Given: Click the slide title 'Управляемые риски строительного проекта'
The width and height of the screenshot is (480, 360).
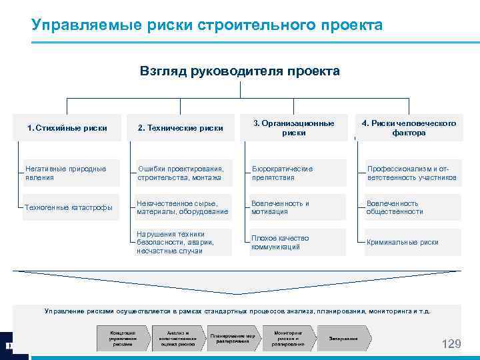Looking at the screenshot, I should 207,25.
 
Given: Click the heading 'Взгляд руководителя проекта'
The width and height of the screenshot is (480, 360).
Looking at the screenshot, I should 239,71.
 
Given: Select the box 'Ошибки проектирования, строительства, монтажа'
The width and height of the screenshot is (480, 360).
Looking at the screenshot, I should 183,173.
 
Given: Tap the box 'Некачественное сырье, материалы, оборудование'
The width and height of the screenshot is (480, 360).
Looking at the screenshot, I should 183,207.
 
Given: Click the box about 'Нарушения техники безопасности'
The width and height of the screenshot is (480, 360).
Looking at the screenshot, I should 183,243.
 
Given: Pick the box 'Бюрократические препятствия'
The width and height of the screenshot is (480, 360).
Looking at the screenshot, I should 297,173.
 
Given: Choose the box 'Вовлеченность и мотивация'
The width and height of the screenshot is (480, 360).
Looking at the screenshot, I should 297,207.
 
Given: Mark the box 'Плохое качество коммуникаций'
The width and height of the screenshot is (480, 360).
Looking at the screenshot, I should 297,243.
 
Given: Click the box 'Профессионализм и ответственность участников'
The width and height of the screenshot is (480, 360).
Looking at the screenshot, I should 411,173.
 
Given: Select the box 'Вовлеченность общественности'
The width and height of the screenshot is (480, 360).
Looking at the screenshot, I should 411,207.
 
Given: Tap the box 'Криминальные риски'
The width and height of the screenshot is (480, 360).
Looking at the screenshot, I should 411,243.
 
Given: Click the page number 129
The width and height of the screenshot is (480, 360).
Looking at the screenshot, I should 451,344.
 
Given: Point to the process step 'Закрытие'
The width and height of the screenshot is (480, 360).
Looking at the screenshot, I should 344,339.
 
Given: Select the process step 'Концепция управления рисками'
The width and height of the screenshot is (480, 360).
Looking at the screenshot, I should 122,339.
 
